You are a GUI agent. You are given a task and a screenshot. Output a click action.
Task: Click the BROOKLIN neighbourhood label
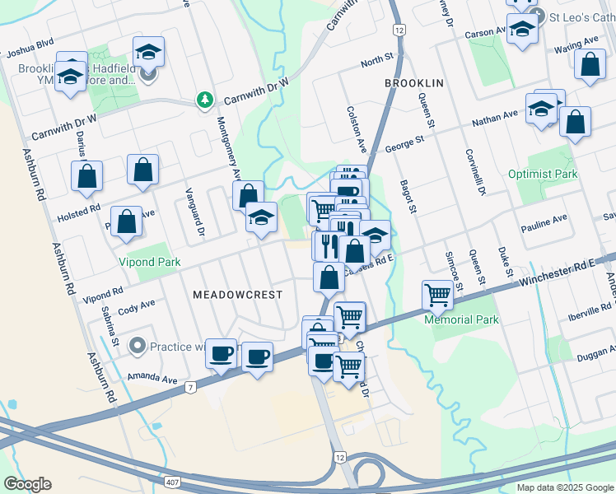413,84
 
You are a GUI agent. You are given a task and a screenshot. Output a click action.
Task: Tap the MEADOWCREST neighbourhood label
237,294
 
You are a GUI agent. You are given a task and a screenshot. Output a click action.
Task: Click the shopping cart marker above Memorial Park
437,294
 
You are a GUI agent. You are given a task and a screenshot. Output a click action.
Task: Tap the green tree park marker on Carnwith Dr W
204,100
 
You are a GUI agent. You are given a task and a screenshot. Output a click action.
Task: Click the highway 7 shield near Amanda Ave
190,387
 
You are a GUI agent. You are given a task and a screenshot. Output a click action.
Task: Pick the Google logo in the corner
27,484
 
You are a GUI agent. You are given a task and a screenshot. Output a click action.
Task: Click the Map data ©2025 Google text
564,487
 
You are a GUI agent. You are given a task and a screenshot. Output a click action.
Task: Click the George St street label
404,145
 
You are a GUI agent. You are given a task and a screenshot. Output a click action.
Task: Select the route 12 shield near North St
399,30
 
